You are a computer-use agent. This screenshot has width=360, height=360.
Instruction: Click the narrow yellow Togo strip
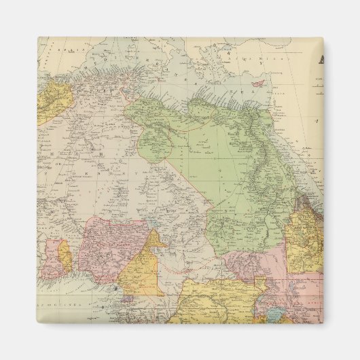(x=65, y=256)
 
